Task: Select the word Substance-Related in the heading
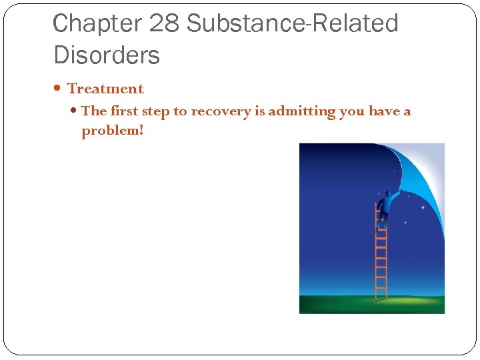(x=292, y=23)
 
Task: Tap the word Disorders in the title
(x=107, y=55)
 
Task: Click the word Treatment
(x=105, y=89)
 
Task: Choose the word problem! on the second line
(x=112, y=131)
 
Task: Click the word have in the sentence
(x=384, y=111)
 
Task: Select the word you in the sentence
(x=351, y=112)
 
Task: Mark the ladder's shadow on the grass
(x=373, y=301)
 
